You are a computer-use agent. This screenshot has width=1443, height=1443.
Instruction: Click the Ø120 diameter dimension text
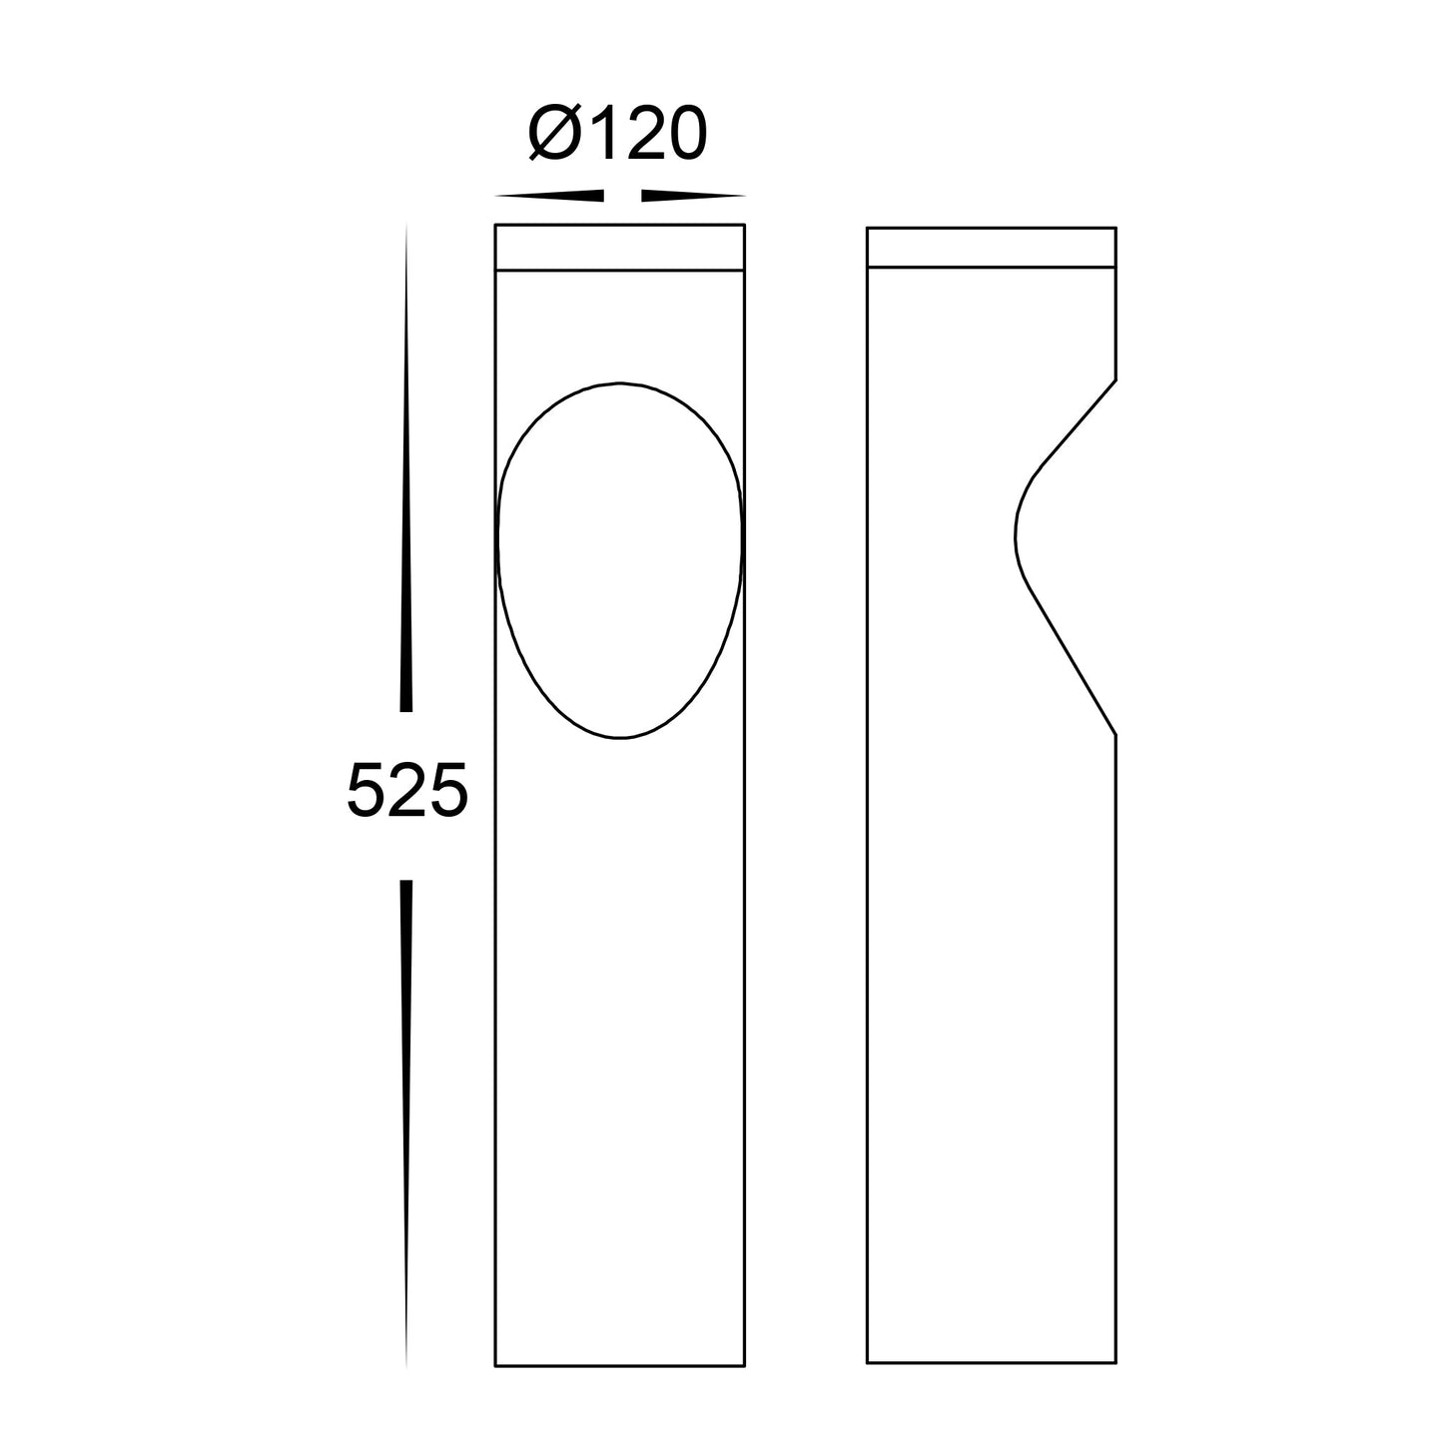(x=617, y=135)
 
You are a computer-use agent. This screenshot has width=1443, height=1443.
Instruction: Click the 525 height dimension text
(x=406, y=790)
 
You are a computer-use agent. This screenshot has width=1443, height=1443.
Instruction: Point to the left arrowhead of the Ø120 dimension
(x=549, y=195)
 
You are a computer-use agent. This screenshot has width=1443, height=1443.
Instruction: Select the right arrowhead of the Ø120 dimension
(x=693, y=195)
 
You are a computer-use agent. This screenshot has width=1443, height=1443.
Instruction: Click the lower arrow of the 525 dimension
(x=406, y=1118)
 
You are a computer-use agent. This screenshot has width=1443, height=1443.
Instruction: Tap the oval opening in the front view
(x=620, y=559)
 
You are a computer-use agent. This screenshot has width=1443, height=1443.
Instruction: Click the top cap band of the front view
(x=620, y=247)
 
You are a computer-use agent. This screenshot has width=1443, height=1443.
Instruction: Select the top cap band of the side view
(x=991, y=247)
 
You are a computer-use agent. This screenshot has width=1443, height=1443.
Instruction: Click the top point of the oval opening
(x=620, y=382)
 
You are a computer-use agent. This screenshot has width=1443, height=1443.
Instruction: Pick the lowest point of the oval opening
(x=620, y=738)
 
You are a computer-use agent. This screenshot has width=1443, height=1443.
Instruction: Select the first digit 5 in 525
(x=367, y=790)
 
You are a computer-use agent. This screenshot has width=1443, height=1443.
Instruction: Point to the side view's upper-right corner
(x=1114, y=229)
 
